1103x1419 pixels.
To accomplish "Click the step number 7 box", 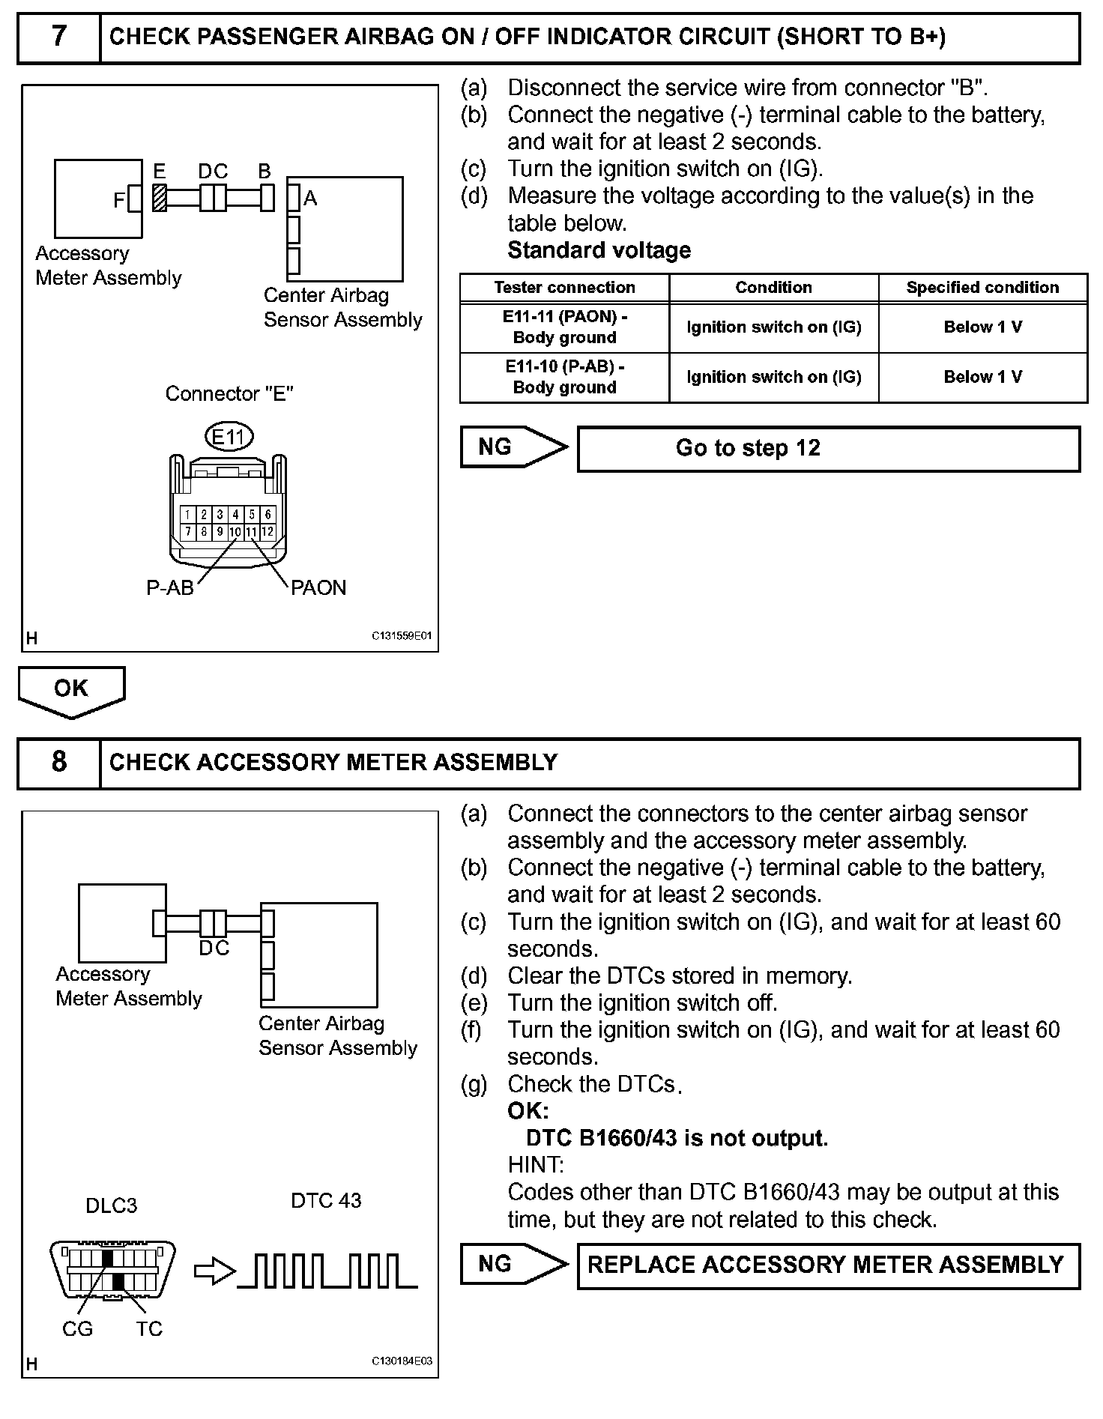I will click(x=59, y=37).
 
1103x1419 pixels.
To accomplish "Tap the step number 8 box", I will click(x=59, y=762).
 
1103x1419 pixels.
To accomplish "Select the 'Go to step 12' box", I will click(x=828, y=449).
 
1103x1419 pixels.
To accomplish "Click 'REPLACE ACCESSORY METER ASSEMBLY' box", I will click(x=828, y=1265).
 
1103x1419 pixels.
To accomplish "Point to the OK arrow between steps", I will click(x=71, y=690).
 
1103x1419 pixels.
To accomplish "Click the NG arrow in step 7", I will click(x=513, y=447).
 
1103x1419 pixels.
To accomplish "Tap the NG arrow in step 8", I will click(x=513, y=1264).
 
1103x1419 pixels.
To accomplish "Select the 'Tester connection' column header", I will click(x=564, y=288).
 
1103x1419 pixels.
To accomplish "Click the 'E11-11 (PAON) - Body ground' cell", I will click(x=564, y=327).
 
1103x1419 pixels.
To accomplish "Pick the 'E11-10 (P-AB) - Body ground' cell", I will click(x=564, y=377).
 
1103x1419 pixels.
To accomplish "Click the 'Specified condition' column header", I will click(x=982, y=288).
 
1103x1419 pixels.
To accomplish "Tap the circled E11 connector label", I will click(x=229, y=436).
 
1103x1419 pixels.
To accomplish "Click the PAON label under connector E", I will click(x=318, y=587).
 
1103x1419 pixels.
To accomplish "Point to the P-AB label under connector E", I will click(x=169, y=588).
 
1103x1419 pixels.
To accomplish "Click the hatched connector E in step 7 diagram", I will click(x=160, y=198).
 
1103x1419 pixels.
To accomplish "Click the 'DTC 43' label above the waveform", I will click(x=326, y=1201).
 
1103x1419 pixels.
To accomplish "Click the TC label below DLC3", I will click(x=149, y=1329).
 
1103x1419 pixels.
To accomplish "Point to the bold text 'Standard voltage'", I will click(x=599, y=250).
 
